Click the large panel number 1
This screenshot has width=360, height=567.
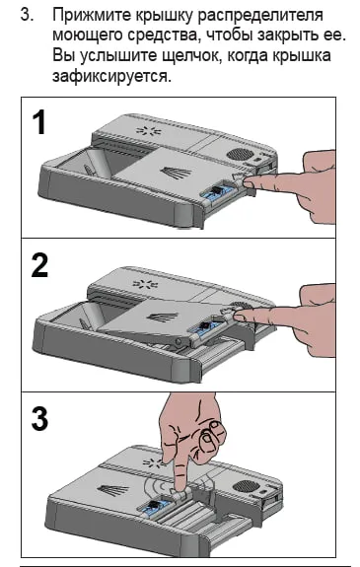tap(39, 122)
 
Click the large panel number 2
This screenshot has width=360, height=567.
tap(39, 264)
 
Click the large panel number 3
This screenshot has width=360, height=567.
tap(39, 418)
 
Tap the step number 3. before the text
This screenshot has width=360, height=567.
tap(28, 15)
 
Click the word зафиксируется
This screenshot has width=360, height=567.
tap(111, 77)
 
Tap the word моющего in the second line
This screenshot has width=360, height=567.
tap(88, 36)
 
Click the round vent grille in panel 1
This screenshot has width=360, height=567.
tap(240, 154)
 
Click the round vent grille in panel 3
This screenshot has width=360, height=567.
tap(247, 485)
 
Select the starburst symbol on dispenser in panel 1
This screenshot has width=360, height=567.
tap(148, 130)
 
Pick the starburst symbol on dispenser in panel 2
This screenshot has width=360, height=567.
tap(145, 284)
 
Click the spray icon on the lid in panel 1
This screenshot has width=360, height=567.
tap(176, 172)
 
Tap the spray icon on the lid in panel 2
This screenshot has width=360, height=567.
tap(163, 318)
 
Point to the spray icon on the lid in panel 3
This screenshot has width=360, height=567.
tap(113, 490)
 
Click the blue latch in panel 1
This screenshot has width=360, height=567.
tap(216, 191)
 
